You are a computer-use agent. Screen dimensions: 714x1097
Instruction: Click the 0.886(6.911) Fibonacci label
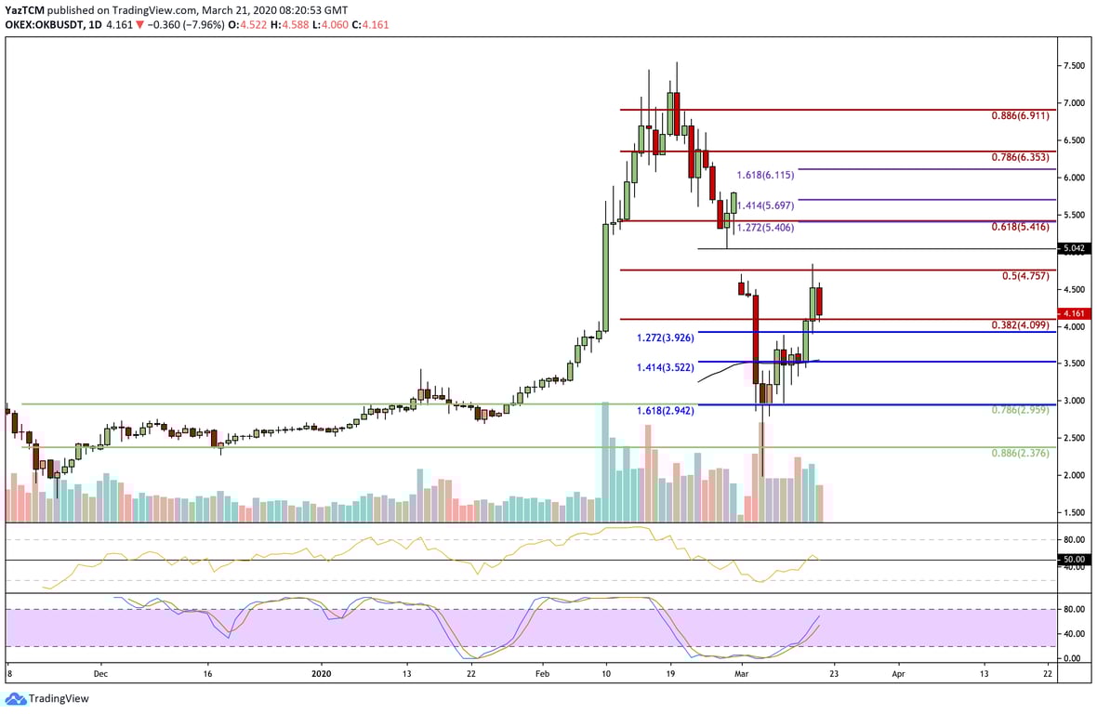click(x=1021, y=118)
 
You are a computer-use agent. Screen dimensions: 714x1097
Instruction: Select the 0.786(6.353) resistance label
click(x=1021, y=159)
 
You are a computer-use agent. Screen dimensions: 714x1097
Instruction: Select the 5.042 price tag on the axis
click(x=1076, y=249)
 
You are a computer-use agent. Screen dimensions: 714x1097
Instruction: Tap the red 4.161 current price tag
click(x=1076, y=314)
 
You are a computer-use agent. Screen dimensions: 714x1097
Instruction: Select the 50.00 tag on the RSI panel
click(x=1076, y=560)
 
